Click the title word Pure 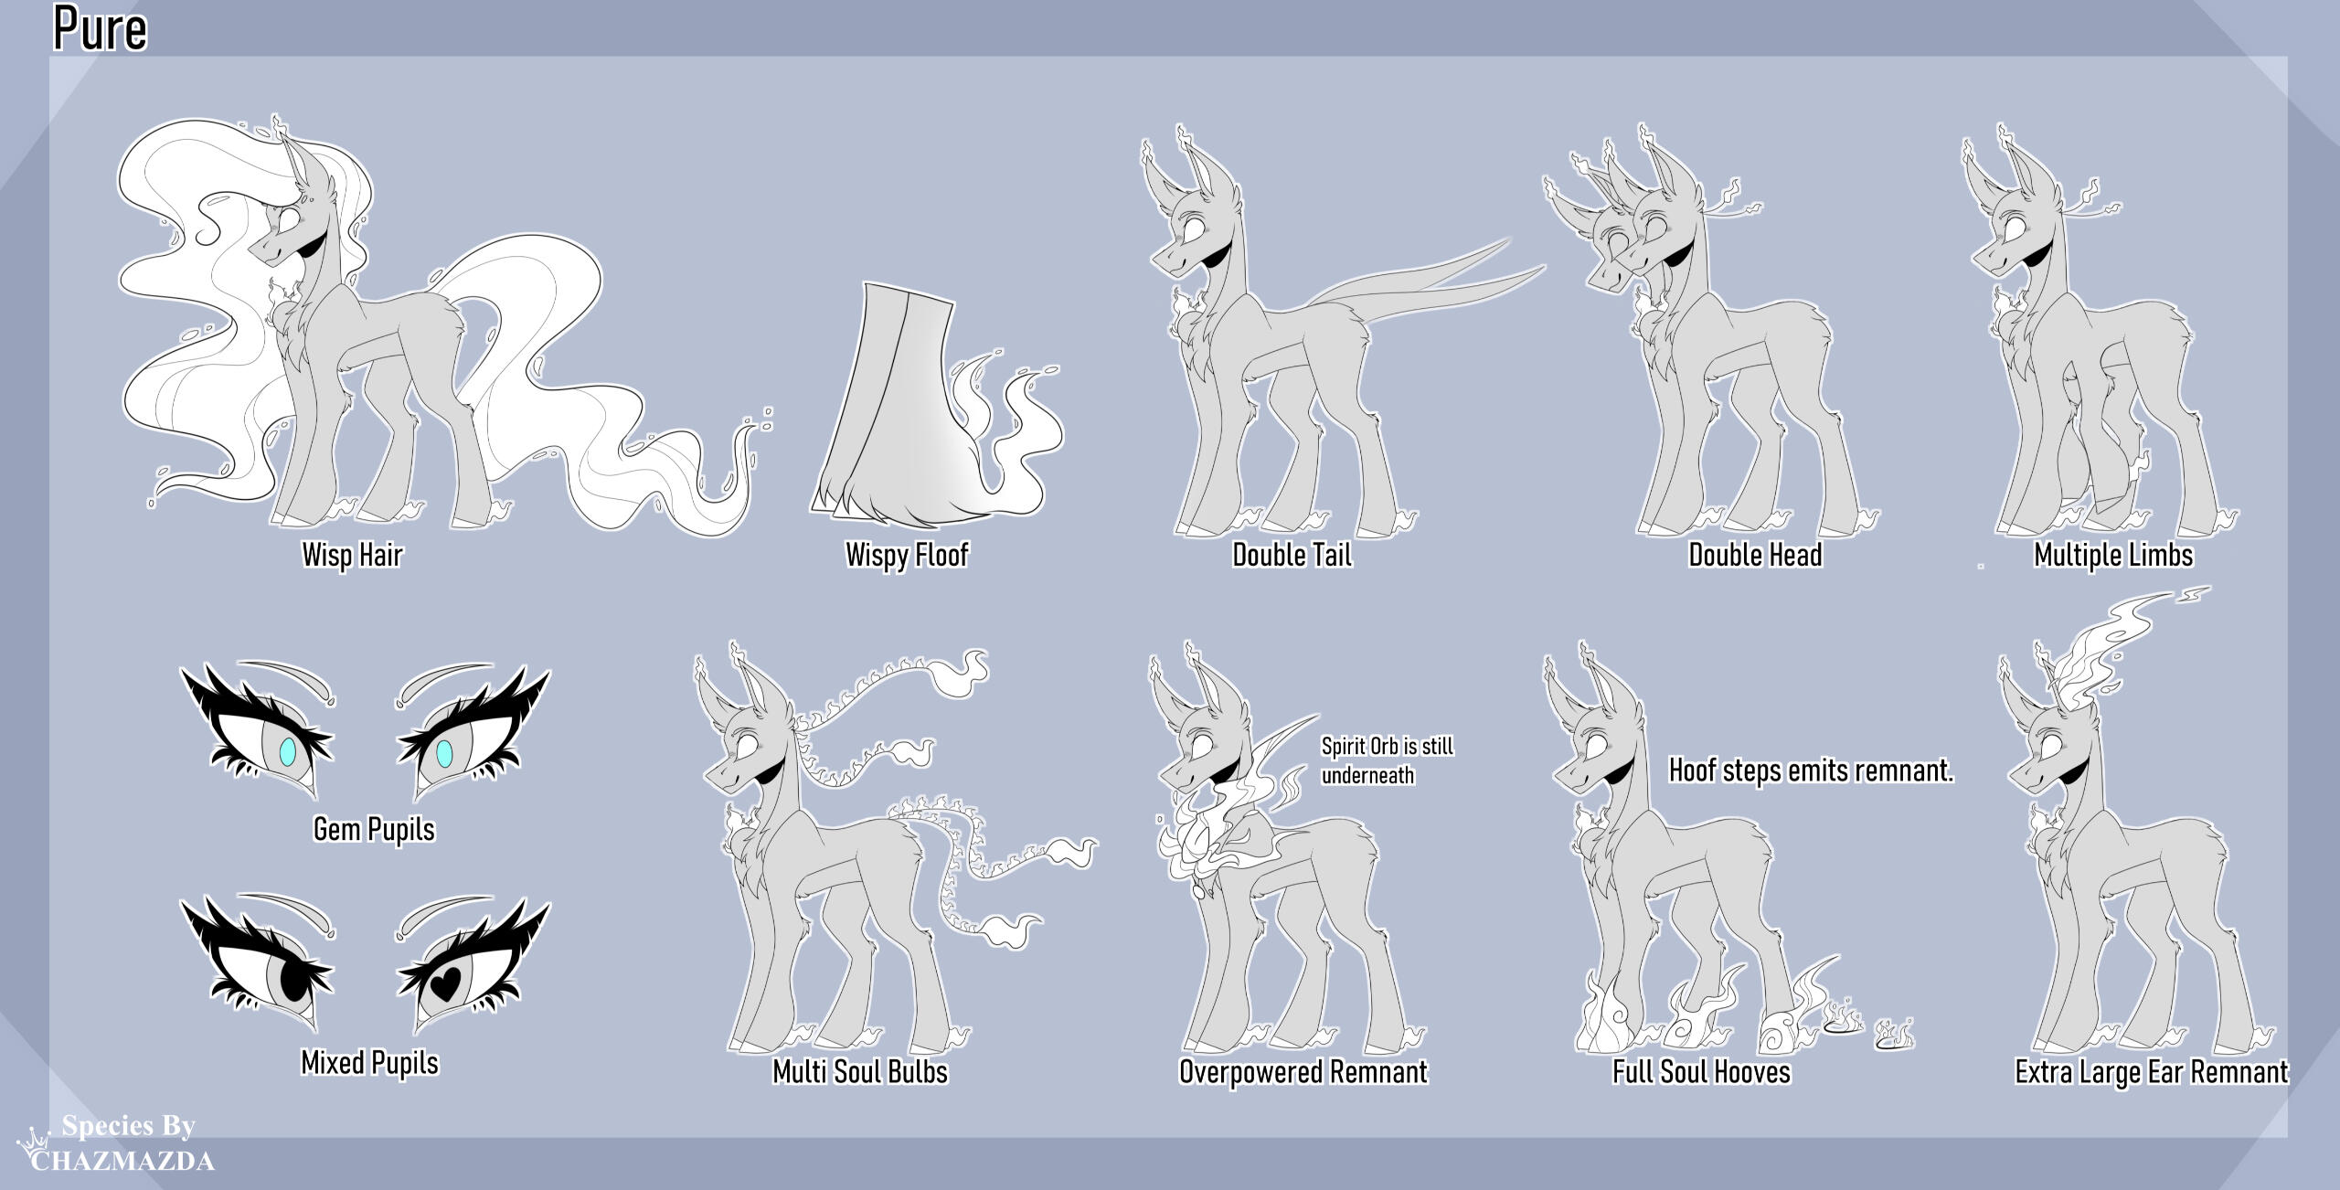click(x=101, y=28)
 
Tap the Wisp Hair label click(x=352, y=555)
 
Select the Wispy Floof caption click(x=907, y=555)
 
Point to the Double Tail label click(x=1292, y=555)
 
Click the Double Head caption click(x=1755, y=555)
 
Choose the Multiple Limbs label click(x=2113, y=555)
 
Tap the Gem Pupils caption click(x=374, y=829)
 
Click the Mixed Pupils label click(x=370, y=1063)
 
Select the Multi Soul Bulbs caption click(x=860, y=1071)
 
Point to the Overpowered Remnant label click(x=1303, y=1071)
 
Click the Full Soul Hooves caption click(x=1701, y=1071)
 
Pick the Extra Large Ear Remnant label click(x=2152, y=1071)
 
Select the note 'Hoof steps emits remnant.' click(x=1811, y=770)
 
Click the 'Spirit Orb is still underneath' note click(x=1388, y=760)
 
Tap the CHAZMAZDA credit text click(x=123, y=1162)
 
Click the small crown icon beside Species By click(x=35, y=1139)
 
